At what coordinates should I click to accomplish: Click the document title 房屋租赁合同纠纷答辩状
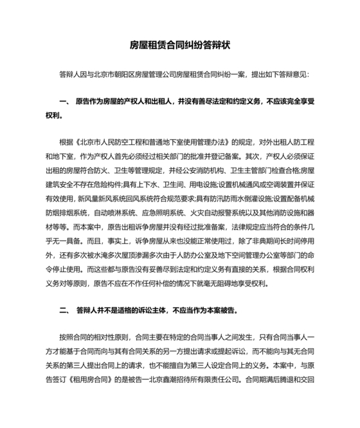click(180, 46)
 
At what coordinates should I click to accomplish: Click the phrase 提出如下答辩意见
click(277, 75)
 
